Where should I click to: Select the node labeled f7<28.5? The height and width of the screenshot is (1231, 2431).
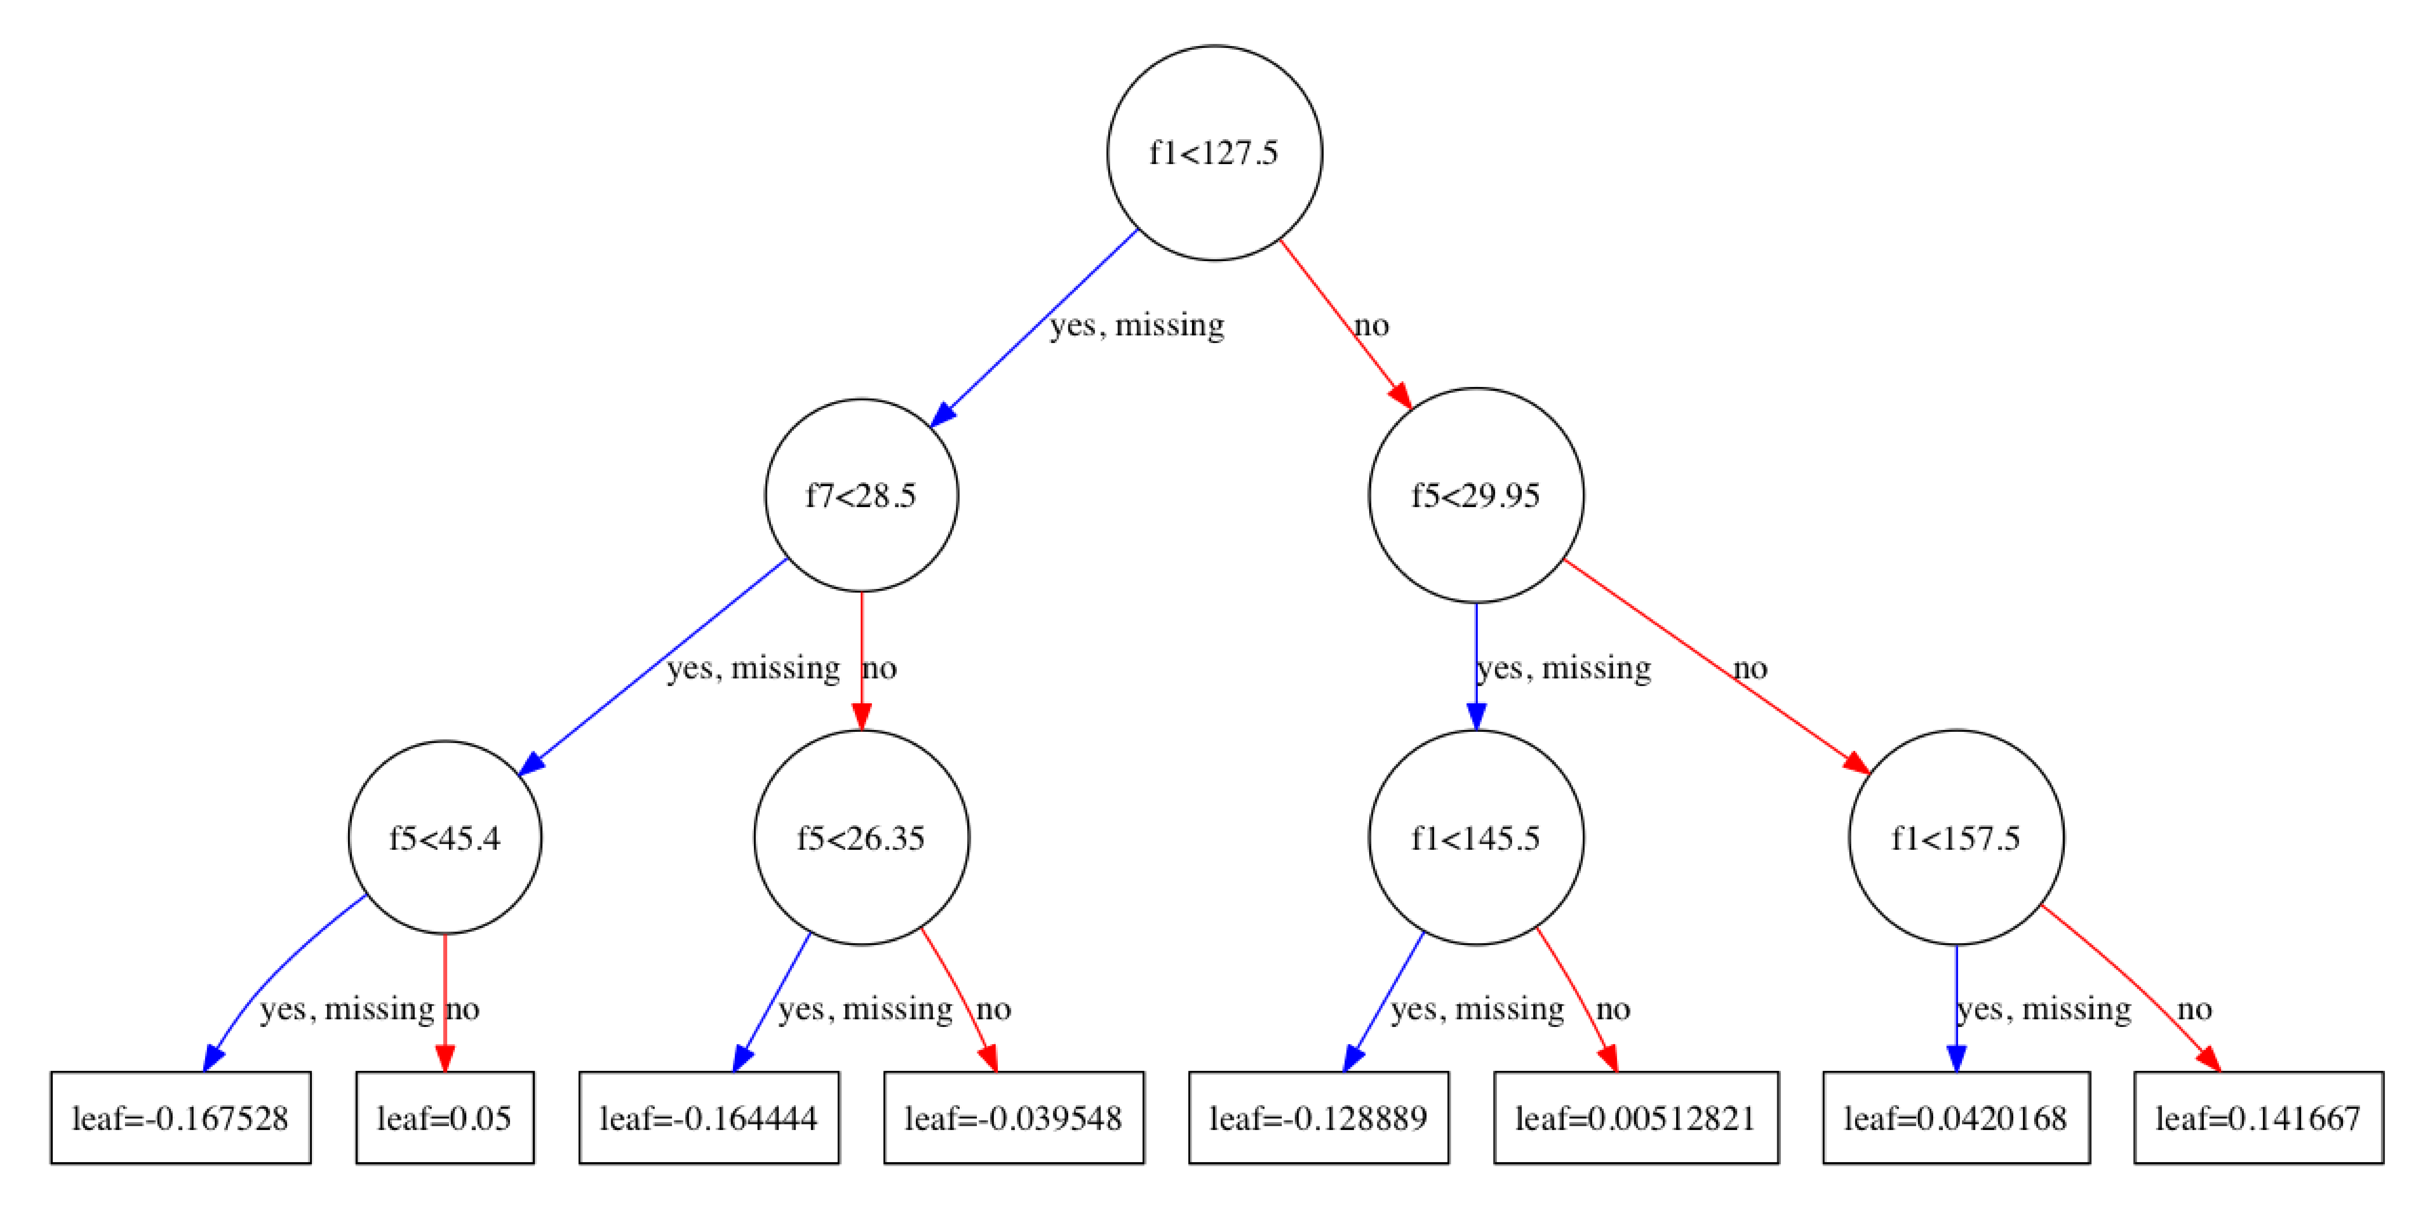pos(861,495)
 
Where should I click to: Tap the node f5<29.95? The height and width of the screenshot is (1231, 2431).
pos(1476,495)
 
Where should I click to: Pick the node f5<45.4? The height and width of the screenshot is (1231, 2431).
pos(444,838)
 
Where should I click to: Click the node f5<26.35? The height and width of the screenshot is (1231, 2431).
pos(861,838)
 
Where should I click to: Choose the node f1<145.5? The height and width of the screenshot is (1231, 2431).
pos(1476,838)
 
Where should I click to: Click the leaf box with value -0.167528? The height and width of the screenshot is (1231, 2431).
pos(180,1118)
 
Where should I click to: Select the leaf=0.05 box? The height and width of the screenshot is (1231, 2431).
pos(444,1118)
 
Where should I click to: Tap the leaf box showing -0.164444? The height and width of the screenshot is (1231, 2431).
pos(709,1118)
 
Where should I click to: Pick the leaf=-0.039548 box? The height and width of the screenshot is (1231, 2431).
pos(1014,1118)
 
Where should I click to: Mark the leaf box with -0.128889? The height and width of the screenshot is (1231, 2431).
pos(1318,1118)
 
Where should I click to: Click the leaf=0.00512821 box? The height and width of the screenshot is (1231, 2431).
pos(1636,1118)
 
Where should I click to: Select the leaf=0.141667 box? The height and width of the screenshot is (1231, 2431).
pos(2258,1118)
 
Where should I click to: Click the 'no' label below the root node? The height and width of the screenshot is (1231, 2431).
pos(1371,325)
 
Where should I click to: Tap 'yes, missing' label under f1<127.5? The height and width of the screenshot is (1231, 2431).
pos(1137,325)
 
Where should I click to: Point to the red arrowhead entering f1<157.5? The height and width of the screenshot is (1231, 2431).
pos(1855,762)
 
